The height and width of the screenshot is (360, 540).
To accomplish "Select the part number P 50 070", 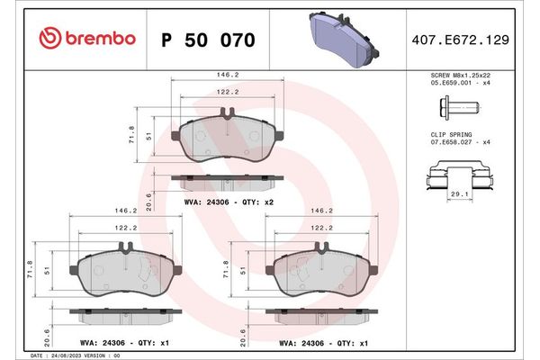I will [x=207, y=40].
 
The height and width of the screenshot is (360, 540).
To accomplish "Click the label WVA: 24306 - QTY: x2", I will [x=227, y=203].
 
